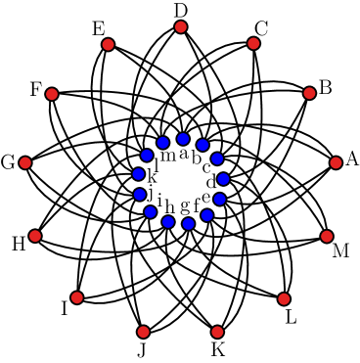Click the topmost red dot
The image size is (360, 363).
(181, 27)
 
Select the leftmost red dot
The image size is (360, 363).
(25, 163)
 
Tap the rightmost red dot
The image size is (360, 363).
(336, 162)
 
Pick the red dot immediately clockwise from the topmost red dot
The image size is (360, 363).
(253, 43)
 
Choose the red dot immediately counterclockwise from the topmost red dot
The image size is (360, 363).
(108, 44)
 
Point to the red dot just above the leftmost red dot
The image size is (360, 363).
(52, 94)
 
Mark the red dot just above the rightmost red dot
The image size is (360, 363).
(309, 93)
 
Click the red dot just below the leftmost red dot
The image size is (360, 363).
(35, 236)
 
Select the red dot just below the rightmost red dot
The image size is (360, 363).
(327, 236)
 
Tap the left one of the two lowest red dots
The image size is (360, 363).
(143, 332)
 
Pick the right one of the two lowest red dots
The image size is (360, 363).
(217, 332)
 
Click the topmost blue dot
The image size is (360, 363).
(183, 139)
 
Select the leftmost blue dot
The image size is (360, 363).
(139, 174)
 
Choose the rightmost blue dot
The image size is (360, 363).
(223, 179)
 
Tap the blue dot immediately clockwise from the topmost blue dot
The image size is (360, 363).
(202, 145)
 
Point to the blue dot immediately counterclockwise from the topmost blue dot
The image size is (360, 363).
(163, 143)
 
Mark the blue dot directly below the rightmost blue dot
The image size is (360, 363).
(220, 199)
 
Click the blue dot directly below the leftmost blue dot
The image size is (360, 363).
(140, 195)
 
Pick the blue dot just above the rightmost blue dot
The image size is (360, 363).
(217, 159)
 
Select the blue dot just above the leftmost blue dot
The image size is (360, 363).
(147, 155)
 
